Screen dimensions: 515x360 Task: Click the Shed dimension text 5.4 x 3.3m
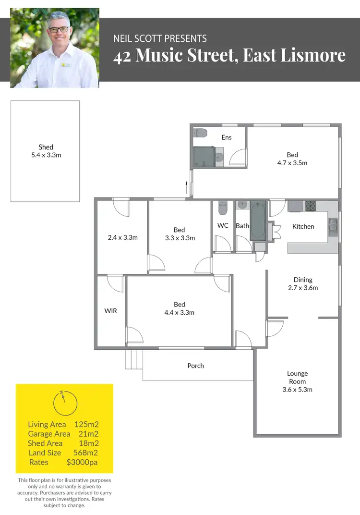point(46,155)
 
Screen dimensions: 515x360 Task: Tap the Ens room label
point(227,137)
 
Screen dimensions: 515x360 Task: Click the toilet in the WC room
point(222,208)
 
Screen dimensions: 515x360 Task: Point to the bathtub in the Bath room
point(257,221)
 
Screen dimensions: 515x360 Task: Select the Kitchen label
point(303,226)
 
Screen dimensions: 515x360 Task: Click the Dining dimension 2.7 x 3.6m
point(303,288)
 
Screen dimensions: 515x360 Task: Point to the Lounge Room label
point(298,377)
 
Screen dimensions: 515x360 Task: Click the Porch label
point(195,366)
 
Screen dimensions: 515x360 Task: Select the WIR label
point(110,311)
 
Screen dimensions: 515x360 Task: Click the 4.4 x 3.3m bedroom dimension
point(180,313)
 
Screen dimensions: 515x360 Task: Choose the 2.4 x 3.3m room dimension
point(123,237)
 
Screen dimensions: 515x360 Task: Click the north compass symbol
point(64,403)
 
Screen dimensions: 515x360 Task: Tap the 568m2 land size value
point(87,453)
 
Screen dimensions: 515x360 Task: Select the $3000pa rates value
point(83,462)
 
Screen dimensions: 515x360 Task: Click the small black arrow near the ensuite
point(186,184)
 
